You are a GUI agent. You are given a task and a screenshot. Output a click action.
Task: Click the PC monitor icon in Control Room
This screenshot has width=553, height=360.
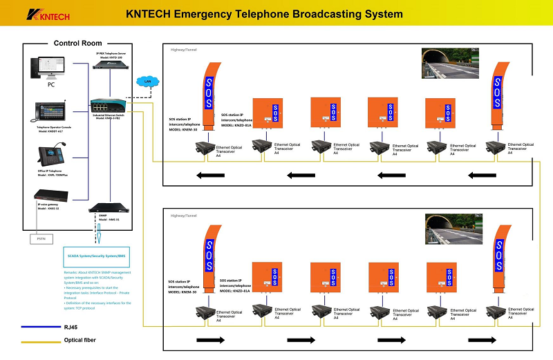point(46,68)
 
